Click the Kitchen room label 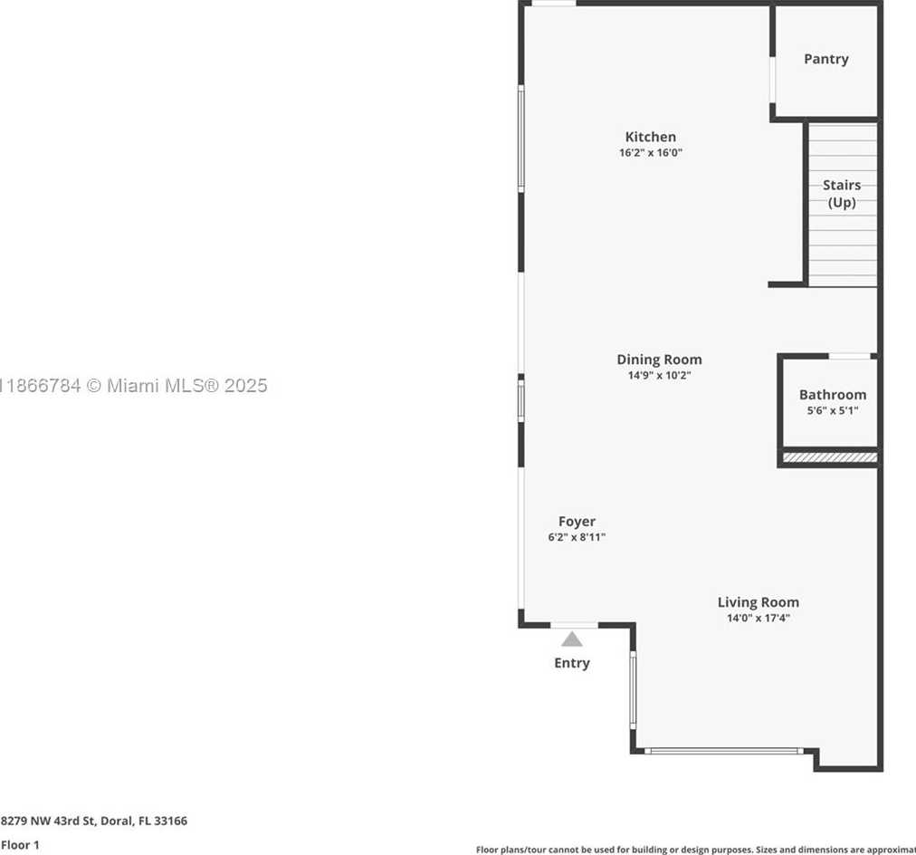click(650, 137)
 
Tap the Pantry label click(825, 59)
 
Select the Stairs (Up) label click(841, 194)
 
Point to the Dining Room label click(659, 360)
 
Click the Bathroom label click(832, 395)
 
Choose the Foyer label click(577, 522)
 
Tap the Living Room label click(758, 602)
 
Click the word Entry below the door click(571, 663)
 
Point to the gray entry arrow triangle click(571, 639)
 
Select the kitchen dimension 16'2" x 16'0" click(650, 153)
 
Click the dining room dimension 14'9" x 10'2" click(659, 375)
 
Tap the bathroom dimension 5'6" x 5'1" click(832, 410)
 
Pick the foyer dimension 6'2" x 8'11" click(577, 537)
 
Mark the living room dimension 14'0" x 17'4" click(758, 619)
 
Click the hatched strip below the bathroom click(829, 458)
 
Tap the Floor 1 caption click(20, 844)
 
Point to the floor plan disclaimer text click(695, 850)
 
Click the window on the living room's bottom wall click(723, 750)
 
